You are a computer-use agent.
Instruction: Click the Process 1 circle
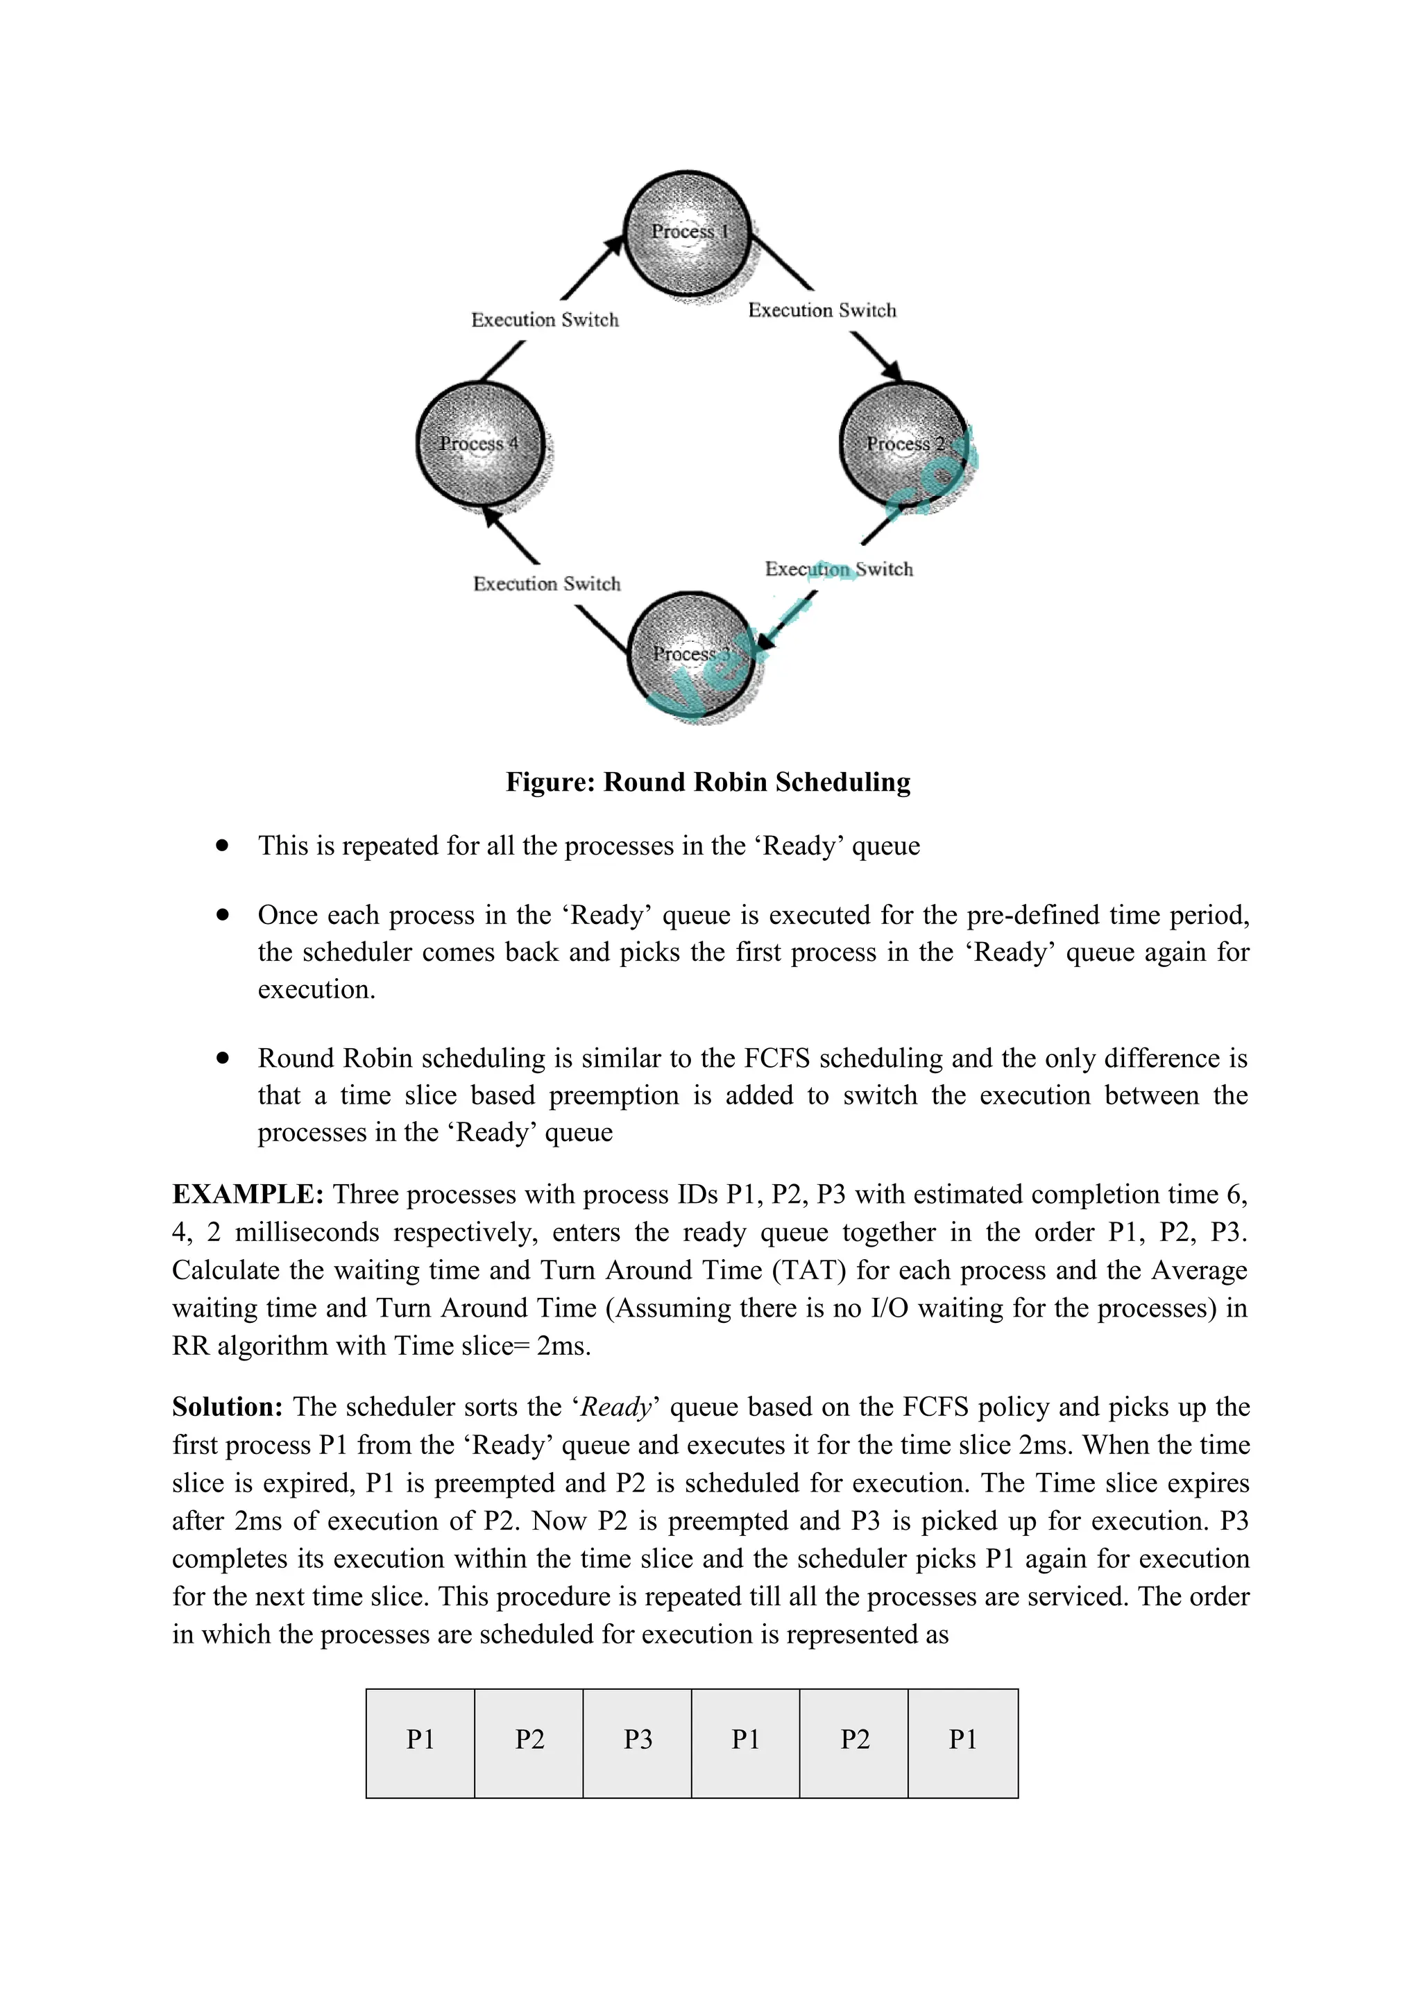point(688,233)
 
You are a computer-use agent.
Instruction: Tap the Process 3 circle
point(691,654)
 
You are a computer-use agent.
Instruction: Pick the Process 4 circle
point(479,445)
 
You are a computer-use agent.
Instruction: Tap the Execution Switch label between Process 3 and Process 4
point(547,585)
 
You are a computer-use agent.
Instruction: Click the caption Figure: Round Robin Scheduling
point(708,783)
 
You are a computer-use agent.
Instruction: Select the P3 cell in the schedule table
point(637,1740)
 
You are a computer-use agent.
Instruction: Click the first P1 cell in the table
point(420,1740)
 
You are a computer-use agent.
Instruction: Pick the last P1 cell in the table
point(962,1740)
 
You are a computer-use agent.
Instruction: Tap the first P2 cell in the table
point(529,1740)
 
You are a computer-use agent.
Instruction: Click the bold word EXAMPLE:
point(248,1195)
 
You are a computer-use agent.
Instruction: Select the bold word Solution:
point(228,1408)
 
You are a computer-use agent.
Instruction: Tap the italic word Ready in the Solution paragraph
point(616,1408)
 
